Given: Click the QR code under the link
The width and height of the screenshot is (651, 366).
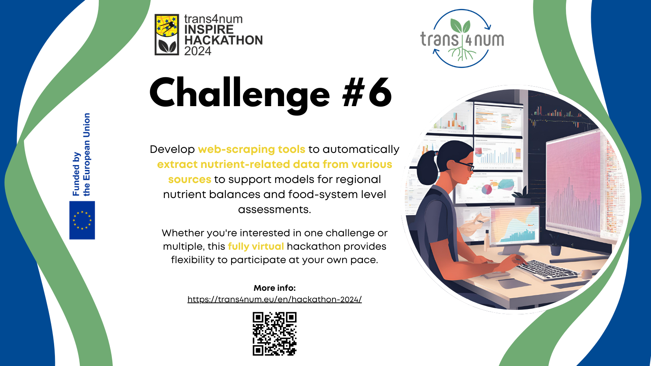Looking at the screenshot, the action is pyautogui.click(x=275, y=334).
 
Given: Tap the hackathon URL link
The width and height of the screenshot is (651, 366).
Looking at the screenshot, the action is pyautogui.click(x=275, y=299).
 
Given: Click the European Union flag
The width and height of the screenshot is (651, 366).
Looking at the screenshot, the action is pyautogui.click(x=82, y=220).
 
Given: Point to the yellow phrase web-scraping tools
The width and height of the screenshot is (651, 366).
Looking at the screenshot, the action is pyautogui.click(x=251, y=149).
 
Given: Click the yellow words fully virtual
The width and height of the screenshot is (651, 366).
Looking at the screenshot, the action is pyautogui.click(x=256, y=246).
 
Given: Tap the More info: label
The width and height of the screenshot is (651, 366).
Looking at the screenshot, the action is pyautogui.click(x=275, y=288).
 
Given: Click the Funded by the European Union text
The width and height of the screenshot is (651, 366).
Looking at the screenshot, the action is pyautogui.click(x=81, y=155).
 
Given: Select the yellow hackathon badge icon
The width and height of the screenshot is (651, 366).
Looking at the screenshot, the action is pyautogui.click(x=167, y=35).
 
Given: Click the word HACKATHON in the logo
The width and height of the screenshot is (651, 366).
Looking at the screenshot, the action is pyautogui.click(x=223, y=40).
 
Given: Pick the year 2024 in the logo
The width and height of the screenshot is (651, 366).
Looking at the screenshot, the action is pyautogui.click(x=198, y=51).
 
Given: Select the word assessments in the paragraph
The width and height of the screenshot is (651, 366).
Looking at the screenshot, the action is pyautogui.click(x=275, y=210).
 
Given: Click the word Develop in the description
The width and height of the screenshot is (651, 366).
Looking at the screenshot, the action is pyautogui.click(x=173, y=150).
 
